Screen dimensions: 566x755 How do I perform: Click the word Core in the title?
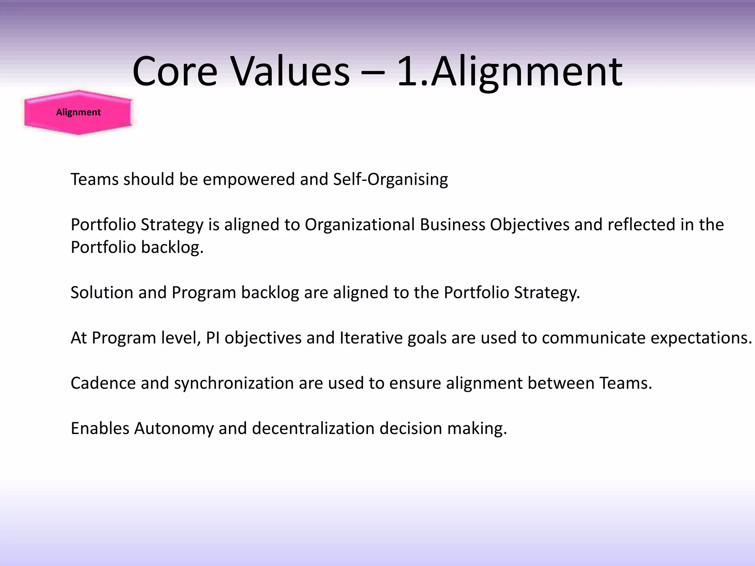175,72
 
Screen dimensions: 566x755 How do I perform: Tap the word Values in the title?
290,72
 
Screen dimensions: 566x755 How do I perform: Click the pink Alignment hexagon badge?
78,112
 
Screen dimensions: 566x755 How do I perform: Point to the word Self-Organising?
390,179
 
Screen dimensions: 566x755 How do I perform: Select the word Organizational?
360,225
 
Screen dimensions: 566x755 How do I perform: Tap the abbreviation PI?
213,338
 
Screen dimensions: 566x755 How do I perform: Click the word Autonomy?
174,429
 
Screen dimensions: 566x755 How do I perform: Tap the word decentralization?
313,429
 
